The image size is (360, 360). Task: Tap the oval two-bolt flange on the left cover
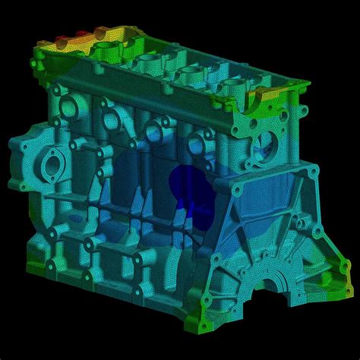point(53,165)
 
